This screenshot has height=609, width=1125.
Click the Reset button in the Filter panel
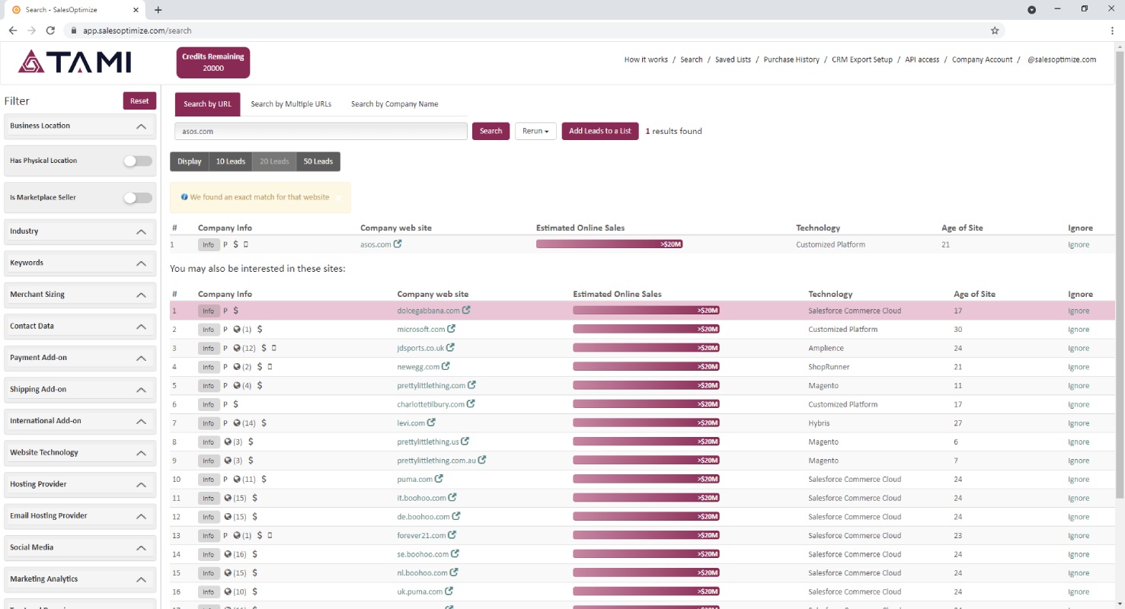(139, 101)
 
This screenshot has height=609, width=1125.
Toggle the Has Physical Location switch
(138, 161)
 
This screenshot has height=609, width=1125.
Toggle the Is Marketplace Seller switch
(138, 198)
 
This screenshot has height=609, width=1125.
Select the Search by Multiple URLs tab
(291, 104)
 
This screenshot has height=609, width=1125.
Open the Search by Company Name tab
(395, 104)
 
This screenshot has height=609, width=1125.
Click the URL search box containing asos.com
(321, 131)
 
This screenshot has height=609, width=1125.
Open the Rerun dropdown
(535, 131)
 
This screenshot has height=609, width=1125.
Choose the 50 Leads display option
(318, 161)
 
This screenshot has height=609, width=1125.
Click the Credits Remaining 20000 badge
(213, 62)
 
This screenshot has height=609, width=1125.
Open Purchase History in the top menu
(791, 59)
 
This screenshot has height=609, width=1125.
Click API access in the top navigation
(922, 59)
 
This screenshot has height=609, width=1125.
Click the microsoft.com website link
(421, 330)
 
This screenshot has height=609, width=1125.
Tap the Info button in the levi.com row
(209, 423)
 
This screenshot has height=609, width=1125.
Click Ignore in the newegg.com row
(1079, 367)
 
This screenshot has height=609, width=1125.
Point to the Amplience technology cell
(826, 348)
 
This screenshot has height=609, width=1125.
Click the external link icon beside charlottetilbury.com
(471, 403)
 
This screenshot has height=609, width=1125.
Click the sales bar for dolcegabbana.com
(646, 311)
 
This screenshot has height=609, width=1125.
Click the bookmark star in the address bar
(995, 30)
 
